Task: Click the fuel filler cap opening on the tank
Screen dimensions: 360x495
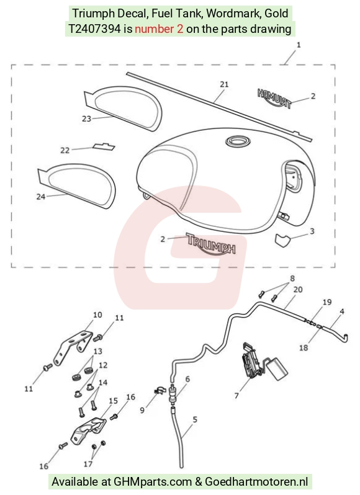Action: (x=238, y=140)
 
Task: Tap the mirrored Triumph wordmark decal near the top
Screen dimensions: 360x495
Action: (x=274, y=97)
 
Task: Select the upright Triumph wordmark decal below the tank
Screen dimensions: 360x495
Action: (x=211, y=244)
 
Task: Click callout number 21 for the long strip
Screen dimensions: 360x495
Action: (x=224, y=84)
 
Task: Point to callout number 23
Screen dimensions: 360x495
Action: (x=86, y=118)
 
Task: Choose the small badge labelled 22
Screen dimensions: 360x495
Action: (x=104, y=146)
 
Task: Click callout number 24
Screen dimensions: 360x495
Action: (x=41, y=197)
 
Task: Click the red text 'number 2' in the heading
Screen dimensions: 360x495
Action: (x=159, y=29)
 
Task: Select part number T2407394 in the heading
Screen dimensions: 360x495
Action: (x=95, y=29)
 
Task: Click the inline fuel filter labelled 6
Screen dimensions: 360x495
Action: (x=173, y=395)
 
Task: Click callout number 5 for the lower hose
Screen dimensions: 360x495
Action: (x=195, y=419)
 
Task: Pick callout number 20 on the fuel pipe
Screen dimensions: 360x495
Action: (x=298, y=289)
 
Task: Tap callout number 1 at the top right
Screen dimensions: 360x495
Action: (x=299, y=45)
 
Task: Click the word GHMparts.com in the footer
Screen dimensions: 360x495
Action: (x=153, y=482)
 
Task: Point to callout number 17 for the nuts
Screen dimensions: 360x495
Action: (x=88, y=463)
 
